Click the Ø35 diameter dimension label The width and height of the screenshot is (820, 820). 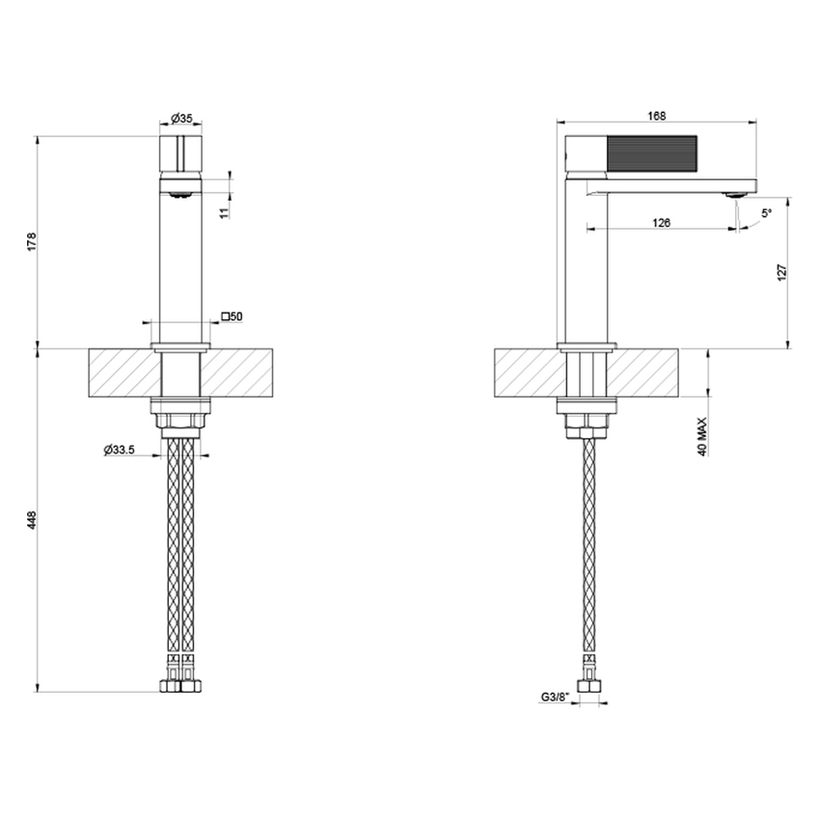click(181, 118)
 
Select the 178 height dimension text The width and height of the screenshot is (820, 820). click(32, 241)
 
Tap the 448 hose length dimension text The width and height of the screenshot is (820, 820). click(32, 520)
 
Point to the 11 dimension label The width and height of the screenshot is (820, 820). click(224, 211)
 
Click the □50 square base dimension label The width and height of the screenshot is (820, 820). click(232, 315)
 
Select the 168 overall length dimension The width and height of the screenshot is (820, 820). click(657, 116)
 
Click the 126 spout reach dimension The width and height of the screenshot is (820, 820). click(661, 223)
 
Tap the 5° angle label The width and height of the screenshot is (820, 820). click(766, 213)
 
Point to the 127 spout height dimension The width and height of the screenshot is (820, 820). click(782, 272)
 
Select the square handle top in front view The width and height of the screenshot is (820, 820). click(179, 153)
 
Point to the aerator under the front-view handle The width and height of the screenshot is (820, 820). click(179, 193)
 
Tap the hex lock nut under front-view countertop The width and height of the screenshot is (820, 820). click(180, 423)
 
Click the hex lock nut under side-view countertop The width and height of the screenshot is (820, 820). click(585, 423)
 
